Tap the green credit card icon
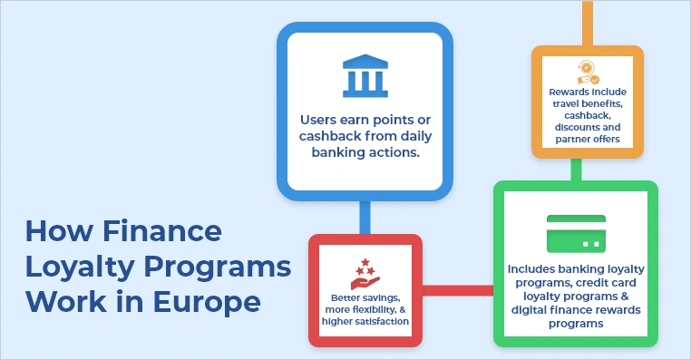coord(576,234)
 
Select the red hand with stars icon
coord(365,273)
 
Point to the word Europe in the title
coord(212,299)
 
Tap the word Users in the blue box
coord(323,118)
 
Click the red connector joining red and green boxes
coord(458,291)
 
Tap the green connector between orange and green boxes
coord(575,169)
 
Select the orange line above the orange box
coord(587,23)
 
